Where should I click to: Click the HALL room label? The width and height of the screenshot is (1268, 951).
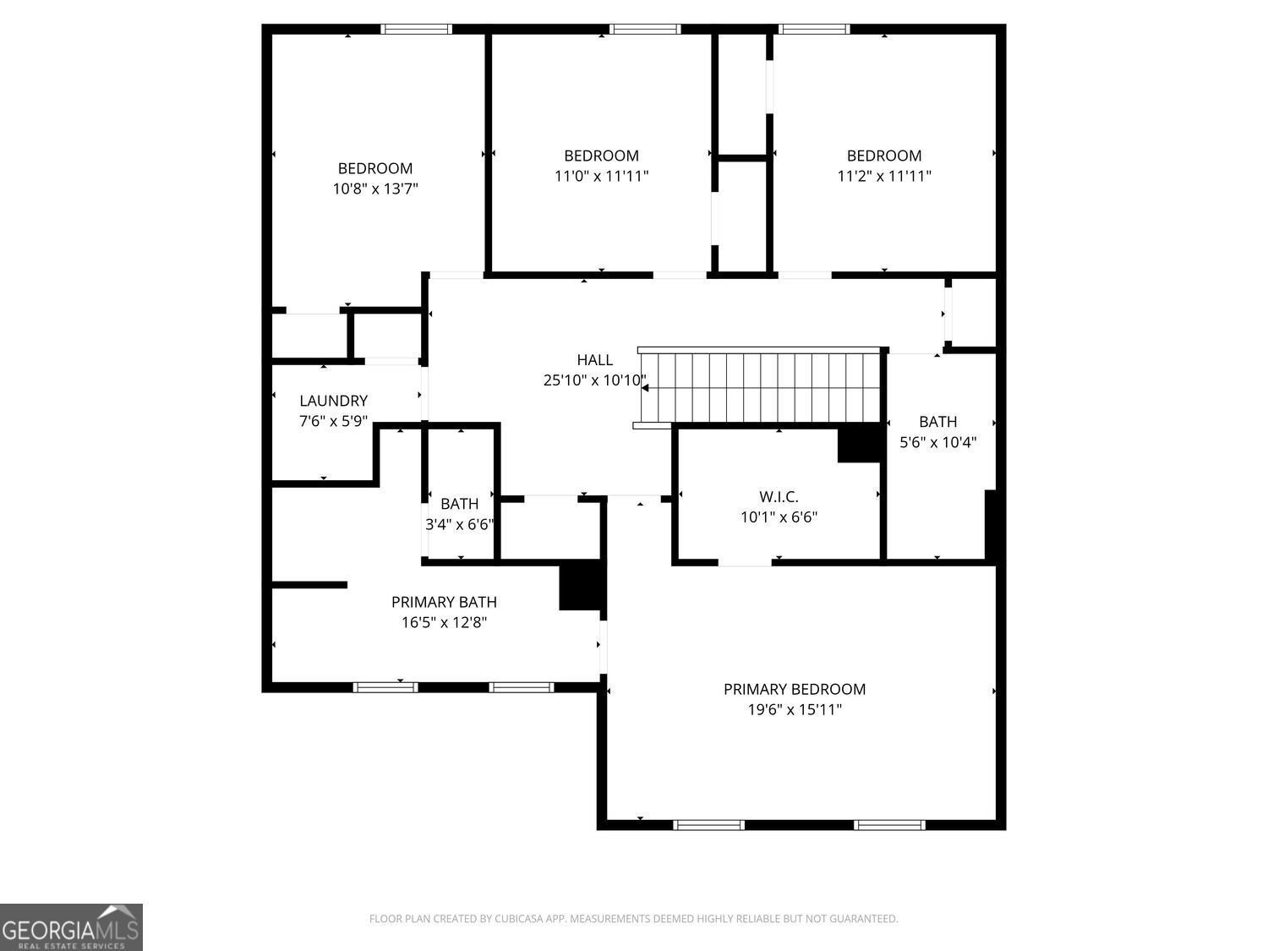(594, 360)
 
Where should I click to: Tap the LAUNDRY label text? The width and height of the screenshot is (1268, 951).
(333, 401)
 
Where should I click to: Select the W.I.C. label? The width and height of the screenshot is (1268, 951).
(779, 496)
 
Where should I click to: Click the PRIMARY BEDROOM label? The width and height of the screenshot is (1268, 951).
(795, 690)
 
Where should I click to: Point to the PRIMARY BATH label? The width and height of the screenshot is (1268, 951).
(444, 602)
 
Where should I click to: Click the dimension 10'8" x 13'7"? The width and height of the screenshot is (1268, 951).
(375, 189)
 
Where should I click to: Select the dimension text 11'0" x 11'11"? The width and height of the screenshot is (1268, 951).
(601, 176)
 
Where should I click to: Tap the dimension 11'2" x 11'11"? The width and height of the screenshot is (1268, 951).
(884, 176)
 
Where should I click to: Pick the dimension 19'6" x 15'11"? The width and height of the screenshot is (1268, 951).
(795, 709)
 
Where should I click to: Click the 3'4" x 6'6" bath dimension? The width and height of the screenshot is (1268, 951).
(459, 524)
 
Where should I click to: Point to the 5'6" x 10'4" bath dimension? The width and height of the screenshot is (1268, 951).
(938, 442)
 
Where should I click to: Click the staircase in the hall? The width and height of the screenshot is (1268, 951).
(760, 387)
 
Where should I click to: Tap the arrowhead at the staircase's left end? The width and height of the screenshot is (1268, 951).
(645, 388)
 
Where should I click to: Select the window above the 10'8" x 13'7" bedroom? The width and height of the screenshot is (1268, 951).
(416, 30)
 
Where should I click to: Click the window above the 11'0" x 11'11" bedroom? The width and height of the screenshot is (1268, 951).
(645, 30)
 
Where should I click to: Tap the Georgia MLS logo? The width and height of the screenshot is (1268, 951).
(71, 926)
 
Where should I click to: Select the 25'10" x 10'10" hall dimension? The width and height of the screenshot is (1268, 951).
(594, 380)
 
